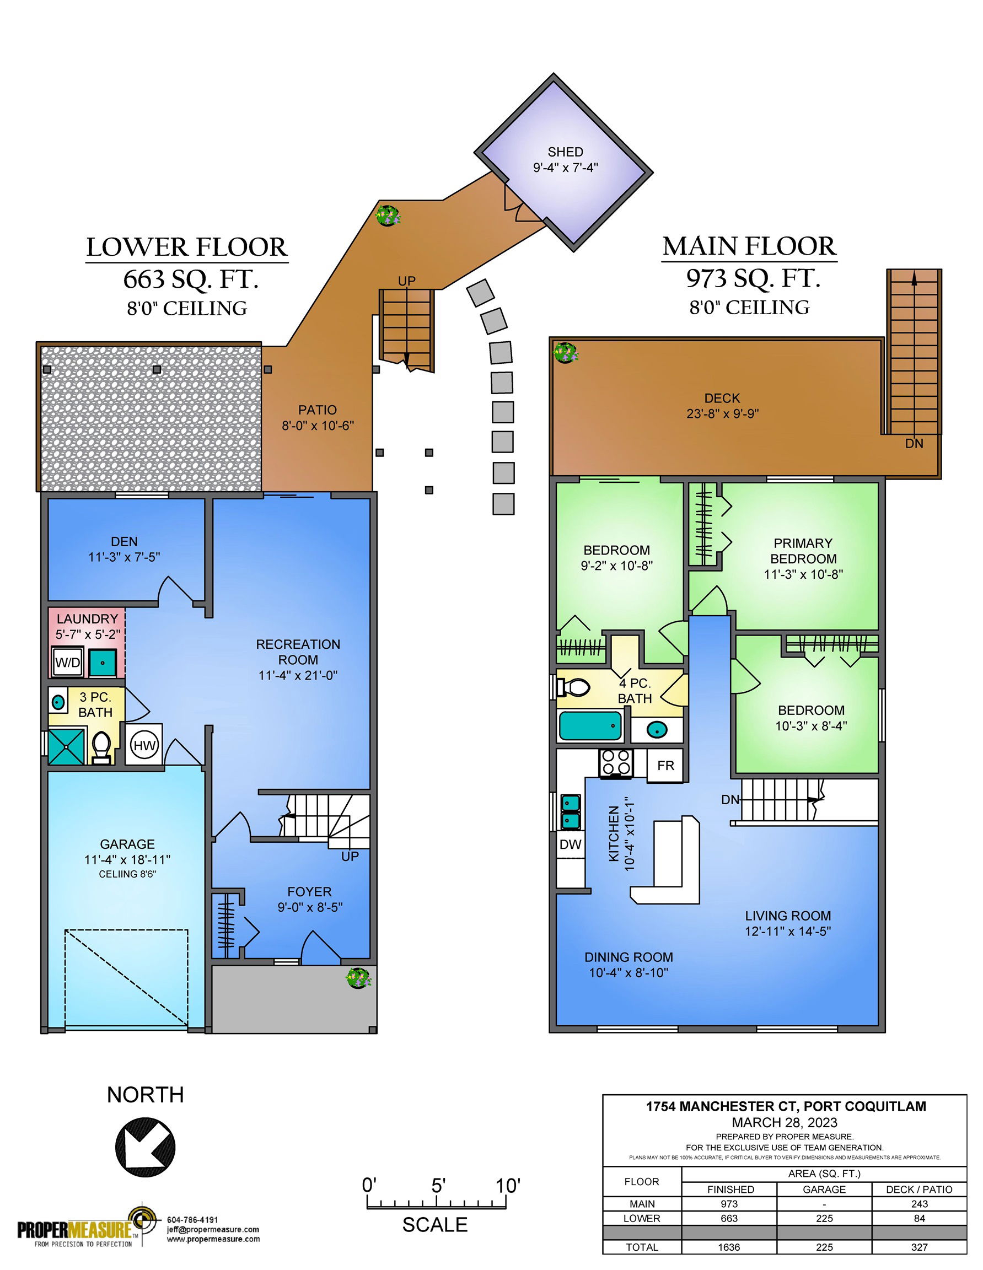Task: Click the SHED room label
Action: click(565, 152)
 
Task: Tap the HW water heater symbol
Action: click(144, 745)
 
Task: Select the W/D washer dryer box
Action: click(67, 662)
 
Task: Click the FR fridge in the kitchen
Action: click(665, 765)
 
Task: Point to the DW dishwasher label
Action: click(570, 844)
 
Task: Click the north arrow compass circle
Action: click(146, 1146)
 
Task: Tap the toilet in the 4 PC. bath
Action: click(572, 687)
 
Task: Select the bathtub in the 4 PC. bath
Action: click(590, 725)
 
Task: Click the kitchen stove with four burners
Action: click(615, 762)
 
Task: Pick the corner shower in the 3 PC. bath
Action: click(66, 747)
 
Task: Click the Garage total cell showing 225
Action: click(824, 1247)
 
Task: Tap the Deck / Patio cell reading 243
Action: click(919, 1204)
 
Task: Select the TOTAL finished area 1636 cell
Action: click(729, 1247)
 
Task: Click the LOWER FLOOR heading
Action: click(187, 247)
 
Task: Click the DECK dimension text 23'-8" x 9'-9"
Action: click(722, 413)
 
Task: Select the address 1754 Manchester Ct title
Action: click(786, 1106)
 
